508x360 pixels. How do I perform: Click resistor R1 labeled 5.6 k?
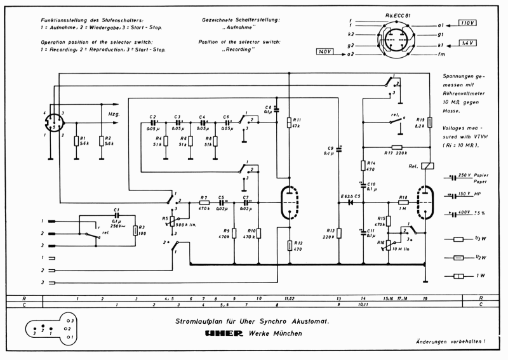76,140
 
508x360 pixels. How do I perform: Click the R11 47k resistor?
289,123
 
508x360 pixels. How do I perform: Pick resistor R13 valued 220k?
339,233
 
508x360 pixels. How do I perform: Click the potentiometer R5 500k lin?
170,223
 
